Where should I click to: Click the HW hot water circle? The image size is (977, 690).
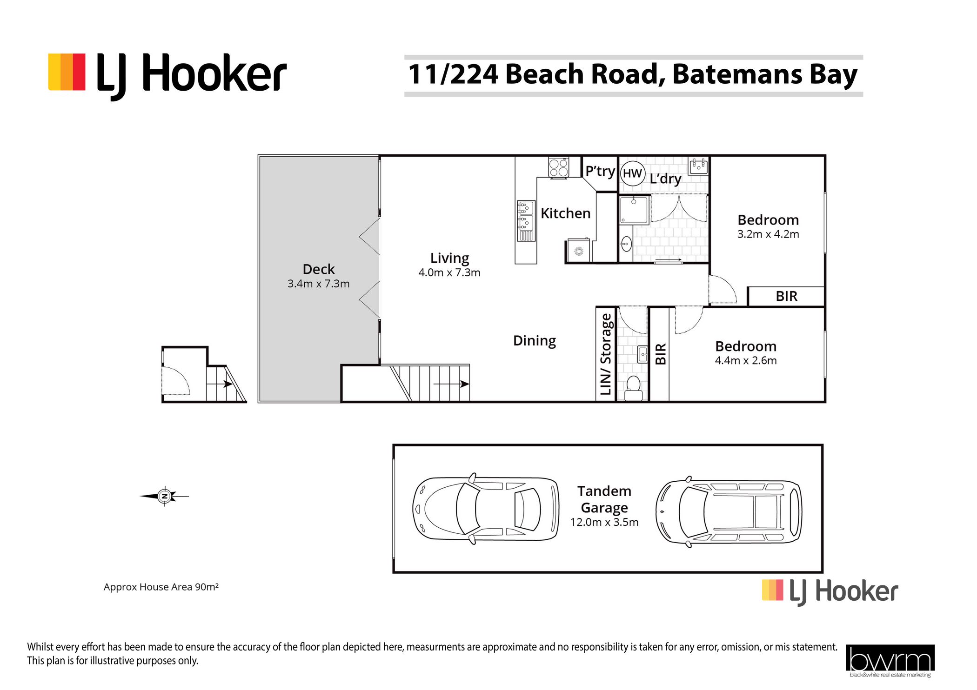click(632, 173)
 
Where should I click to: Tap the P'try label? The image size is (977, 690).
click(600, 172)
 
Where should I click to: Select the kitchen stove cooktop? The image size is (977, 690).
click(558, 167)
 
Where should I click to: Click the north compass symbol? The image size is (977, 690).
click(164, 496)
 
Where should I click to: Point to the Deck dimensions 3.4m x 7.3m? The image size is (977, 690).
click(318, 284)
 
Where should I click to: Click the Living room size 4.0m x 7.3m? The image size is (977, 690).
click(449, 272)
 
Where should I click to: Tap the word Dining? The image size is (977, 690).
click(534, 341)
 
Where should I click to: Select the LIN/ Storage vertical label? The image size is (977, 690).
click(605, 354)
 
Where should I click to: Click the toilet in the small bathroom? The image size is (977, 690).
click(633, 388)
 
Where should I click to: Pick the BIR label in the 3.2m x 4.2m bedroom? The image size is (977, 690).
click(786, 296)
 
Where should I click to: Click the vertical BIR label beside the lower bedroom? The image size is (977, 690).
click(661, 354)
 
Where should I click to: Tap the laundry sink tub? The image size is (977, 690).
click(698, 166)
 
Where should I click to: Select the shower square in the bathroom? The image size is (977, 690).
click(634, 210)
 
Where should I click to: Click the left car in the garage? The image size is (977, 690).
click(486, 509)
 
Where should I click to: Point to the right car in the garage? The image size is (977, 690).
click(729, 511)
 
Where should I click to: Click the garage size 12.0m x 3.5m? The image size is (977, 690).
click(604, 522)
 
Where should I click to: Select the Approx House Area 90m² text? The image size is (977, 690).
click(161, 587)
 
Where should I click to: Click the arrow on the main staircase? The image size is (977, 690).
click(451, 384)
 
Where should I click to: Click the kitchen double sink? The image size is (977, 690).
click(526, 220)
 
